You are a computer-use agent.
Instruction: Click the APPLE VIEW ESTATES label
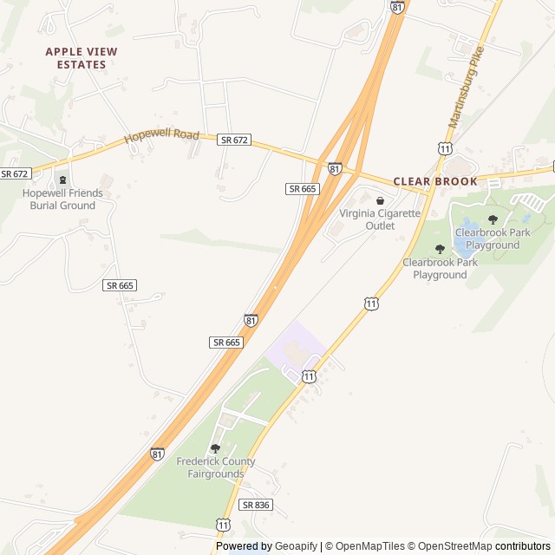[82, 58]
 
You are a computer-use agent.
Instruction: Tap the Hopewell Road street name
[161, 136]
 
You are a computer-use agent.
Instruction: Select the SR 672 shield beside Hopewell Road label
[234, 140]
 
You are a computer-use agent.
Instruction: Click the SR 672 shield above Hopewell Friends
[16, 173]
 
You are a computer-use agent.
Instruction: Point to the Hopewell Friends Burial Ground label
[62, 199]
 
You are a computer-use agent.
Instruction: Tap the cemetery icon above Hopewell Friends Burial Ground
[62, 180]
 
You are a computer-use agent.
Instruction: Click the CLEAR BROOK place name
[435, 181]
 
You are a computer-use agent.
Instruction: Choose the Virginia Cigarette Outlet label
[379, 219]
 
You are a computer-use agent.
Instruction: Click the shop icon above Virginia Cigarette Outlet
[380, 201]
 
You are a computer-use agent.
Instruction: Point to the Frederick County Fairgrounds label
[216, 468]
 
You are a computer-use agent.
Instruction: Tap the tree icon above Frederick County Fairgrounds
[215, 448]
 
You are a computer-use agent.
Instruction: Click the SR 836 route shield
[256, 505]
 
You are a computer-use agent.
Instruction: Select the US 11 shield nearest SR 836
[224, 526]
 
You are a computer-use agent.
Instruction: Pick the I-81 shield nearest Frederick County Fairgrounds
[157, 454]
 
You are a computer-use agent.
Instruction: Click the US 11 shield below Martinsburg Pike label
[445, 149]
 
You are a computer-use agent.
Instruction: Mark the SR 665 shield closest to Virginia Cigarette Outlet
[303, 188]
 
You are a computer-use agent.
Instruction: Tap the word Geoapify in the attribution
[296, 546]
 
